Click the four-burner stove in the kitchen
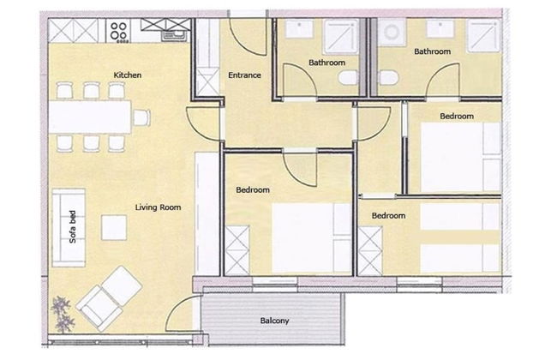click(x=118, y=31)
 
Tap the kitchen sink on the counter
click(x=174, y=36)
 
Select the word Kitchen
click(x=128, y=75)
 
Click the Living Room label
click(x=158, y=207)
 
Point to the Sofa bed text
click(x=73, y=227)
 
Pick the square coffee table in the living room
click(x=114, y=227)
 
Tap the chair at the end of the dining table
click(x=141, y=117)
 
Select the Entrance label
click(x=244, y=75)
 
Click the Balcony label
click(x=274, y=321)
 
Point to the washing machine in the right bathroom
click(x=392, y=32)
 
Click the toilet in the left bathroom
click(x=348, y=77)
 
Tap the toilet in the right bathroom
click(x=388, y=77)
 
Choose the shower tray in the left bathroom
click(x=341, y=36)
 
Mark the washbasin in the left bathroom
click(x=299, y=28)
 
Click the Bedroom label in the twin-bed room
click(x=389, y=215)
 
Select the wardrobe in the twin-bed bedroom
click(x=370, y=251)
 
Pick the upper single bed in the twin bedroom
click(x=460, y=216)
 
